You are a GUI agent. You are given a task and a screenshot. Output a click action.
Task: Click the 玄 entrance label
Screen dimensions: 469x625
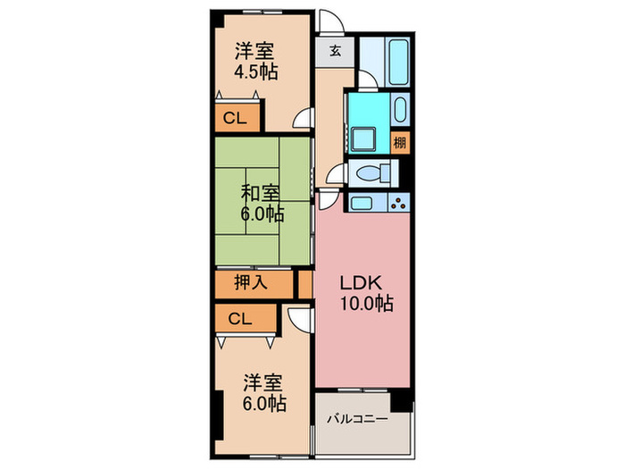(x=334, y=51)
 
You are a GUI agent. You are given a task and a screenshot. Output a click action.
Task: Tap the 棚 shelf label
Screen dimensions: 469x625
(x=400, y=142)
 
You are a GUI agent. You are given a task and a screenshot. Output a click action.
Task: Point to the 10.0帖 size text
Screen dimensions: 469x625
(x=365, y=304)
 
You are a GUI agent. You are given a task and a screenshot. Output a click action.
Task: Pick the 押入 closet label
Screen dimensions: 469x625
(x=252, y=284)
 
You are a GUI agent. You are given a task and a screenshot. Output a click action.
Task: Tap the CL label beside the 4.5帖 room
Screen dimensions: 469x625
(x=236, y=117)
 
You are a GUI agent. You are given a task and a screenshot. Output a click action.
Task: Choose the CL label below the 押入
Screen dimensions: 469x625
(x=238, y=317)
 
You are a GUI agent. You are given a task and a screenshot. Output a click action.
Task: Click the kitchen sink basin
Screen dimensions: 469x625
(x=363, y=203)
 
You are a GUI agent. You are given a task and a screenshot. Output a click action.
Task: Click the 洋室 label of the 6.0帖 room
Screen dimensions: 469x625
(x=264, y=383)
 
